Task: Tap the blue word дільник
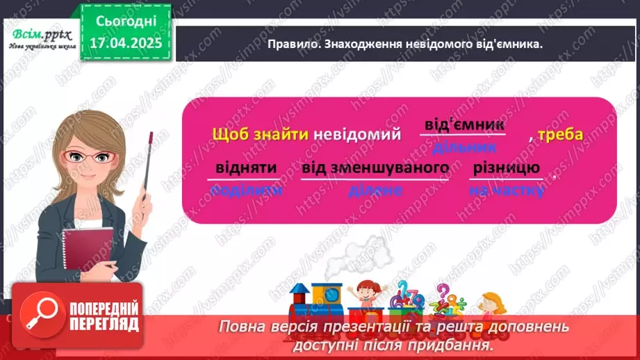(463, 147)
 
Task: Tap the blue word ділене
(375, 190)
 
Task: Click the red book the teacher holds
(87, 252)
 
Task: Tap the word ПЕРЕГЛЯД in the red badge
(104, 324)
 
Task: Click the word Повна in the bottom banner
(244, 327)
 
